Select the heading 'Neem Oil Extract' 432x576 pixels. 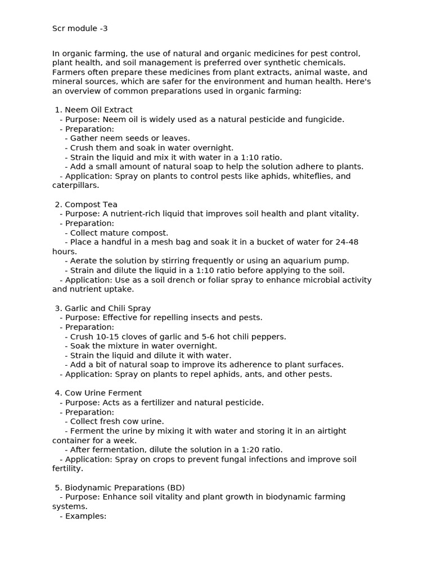98,110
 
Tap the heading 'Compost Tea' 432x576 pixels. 91,204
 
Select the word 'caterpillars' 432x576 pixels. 75,185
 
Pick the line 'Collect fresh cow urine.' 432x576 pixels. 117,421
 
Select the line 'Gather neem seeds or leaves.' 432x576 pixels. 130,138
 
